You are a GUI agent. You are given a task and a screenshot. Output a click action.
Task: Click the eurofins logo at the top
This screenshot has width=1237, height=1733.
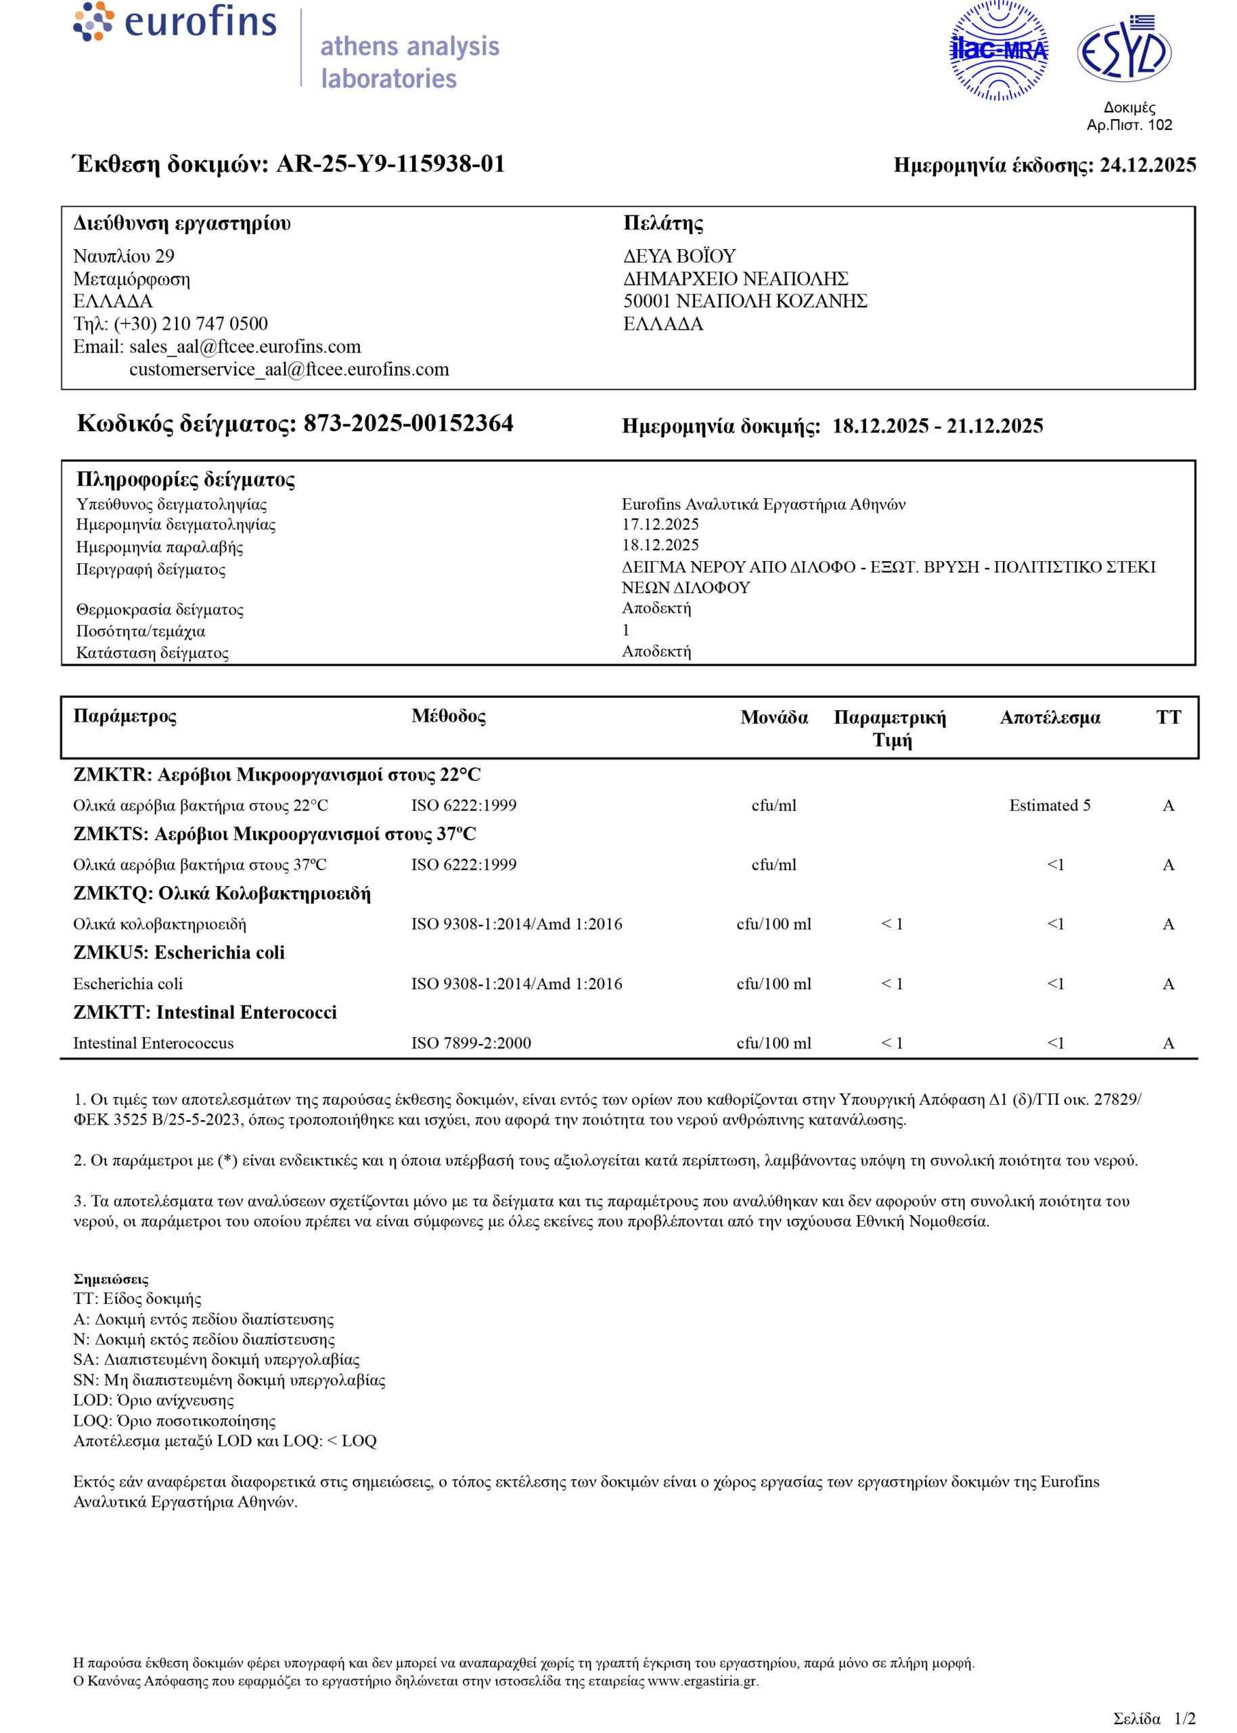pyautogui.click(x=175, y=22)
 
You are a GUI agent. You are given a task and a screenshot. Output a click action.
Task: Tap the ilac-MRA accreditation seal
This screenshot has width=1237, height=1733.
pyautogui.click(x=999, y=51)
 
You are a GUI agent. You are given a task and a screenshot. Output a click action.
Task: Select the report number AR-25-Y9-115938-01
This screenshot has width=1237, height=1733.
pyautogui.click(x=390, y=164)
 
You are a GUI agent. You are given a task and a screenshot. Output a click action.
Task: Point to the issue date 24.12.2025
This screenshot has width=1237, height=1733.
pyautogui.click(x=1147, y=165)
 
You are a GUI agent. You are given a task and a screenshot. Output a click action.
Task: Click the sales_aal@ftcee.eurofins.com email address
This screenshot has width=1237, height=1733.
pyautogui.click(x=244, y=347)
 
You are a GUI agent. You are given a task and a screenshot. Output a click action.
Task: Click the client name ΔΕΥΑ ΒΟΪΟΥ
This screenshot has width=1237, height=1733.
pyautogui.click(x=679, y=256)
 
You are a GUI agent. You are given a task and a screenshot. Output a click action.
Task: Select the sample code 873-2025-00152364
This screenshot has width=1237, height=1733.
pyautogui.click(x=408, y=424)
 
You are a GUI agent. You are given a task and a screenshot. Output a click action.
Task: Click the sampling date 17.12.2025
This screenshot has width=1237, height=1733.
pyautogui.click(x=660, y=524)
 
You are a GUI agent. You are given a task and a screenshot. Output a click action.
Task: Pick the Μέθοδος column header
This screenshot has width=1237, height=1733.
pyautogui.click(x=448, y=716)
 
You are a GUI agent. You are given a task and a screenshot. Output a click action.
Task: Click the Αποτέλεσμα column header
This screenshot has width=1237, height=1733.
pyautogui.click(x=1050, y=718)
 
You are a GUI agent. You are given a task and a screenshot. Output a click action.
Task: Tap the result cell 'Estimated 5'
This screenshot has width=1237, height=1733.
pyautogui.click(x=1050, y=805)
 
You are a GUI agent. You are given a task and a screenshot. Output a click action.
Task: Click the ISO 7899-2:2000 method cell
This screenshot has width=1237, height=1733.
pyautogui.click(x=471, y=1043)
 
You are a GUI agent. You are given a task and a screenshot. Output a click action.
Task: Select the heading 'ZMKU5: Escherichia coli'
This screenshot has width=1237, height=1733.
pyautogui.click(x=179, y=952)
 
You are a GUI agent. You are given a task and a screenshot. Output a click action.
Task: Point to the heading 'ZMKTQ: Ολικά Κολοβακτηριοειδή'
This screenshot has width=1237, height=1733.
pyautogui.click(x=222, y=893)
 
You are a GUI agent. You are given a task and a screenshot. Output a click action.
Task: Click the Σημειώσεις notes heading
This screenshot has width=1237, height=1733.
pyautogui.click(x=111, y=1279)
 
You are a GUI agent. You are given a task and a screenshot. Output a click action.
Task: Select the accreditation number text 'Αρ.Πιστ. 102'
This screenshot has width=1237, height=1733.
pyautogui.click(x=1129, y=125)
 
